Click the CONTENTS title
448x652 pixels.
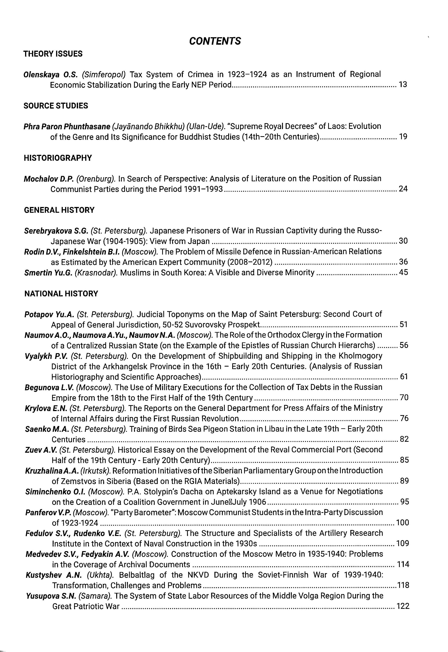coord(215,41)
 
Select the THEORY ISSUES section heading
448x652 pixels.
coord(53,54)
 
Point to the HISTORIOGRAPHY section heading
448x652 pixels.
coord(58,158)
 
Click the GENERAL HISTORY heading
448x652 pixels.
coord(59,210)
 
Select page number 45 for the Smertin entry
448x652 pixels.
coord(403,272)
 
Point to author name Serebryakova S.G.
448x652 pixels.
coord(56,231)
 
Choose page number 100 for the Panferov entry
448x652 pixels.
coord(402,523)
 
